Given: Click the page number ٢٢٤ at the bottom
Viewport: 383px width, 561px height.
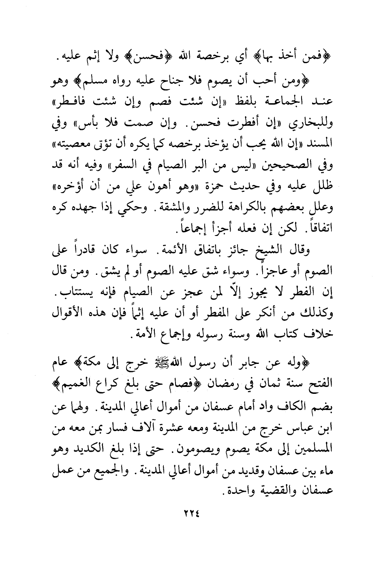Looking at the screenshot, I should coord(191,514).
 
